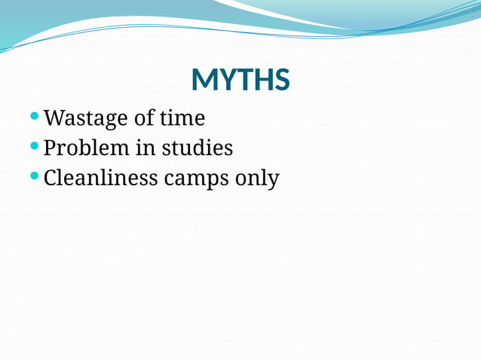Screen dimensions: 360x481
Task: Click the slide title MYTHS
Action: pyautogui.click(x=240, y=80)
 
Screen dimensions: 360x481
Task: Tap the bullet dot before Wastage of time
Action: pyautogui.click(x=34, y=117)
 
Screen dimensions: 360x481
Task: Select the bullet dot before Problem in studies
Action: pyautogui.click(x=34, y=146)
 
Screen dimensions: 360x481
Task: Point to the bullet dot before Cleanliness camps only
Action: pyautogui.click(x=34, y=176)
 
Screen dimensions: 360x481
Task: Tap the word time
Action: pyautogui.click(x=182, y=118)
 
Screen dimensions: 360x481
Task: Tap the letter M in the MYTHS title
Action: pyautogui.click(x=204, y=80)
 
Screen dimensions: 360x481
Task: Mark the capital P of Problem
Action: pyautogui.click(x=51, y=148)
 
